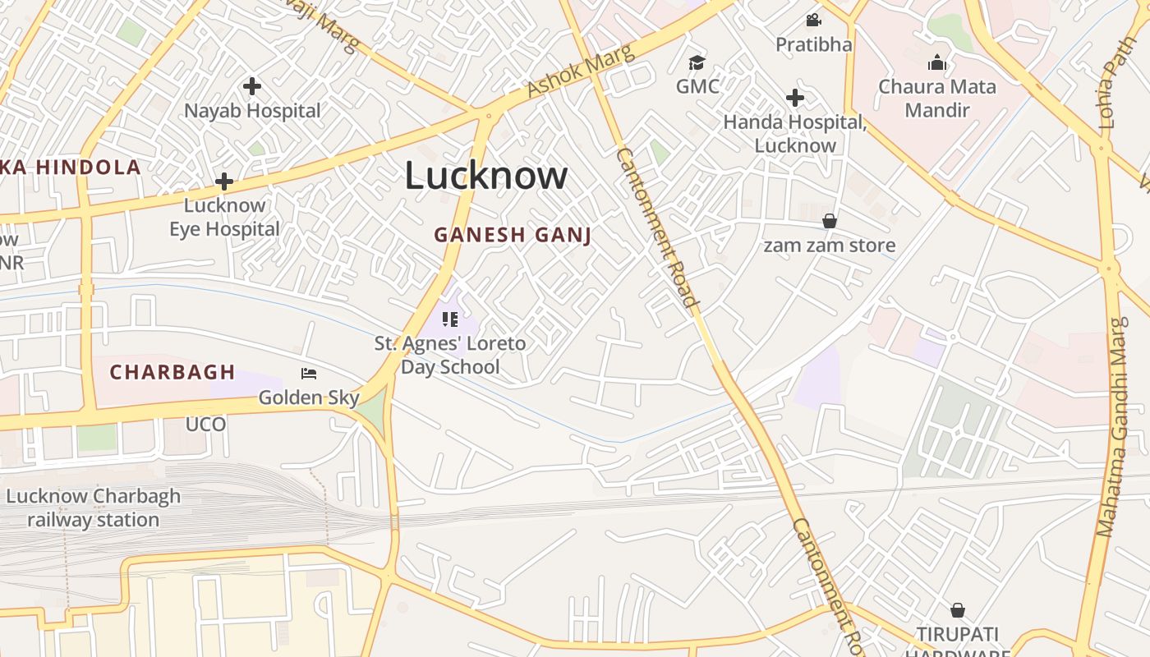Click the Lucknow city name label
[x=486, y=176]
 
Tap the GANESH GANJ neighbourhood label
[x=513, y=235]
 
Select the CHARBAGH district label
[x=172, y=372]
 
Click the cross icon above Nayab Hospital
[x=252, y=85]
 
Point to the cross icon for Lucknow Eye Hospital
[x=224, y=181]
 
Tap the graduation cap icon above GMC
[x=697, y=62]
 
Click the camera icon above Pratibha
[x=813, y=20]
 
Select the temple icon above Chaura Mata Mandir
[x=937, y=62]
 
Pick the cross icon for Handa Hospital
[x=794, y=98]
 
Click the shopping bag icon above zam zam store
[x=830, y=221]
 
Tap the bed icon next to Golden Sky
[x=309, y=374]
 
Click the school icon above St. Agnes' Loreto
[x=449, y=319]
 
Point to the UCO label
[x=205, y=425]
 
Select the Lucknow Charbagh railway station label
[x=93, y=508]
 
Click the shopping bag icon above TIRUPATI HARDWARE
[x=957, y=610]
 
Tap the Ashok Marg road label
[x=581, y=72]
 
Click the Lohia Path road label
[x=1117, y=82]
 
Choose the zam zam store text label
[x=830, y=245]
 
